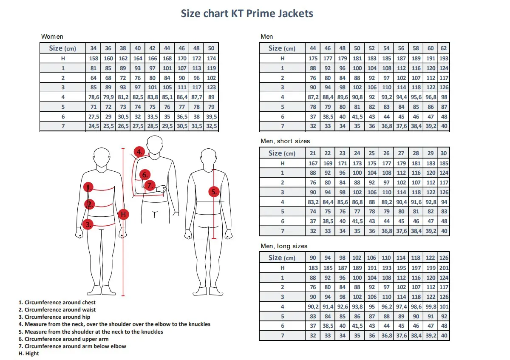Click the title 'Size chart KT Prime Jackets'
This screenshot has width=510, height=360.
247,14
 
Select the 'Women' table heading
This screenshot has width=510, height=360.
52,37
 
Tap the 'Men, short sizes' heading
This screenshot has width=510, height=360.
285,141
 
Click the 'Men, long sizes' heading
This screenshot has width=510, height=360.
283,246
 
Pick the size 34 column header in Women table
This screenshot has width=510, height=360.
93,48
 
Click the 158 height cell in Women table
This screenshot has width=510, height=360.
93,58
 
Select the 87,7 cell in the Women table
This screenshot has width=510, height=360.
196,97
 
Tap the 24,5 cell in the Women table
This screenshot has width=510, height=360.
93,126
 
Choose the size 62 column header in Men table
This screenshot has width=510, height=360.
444,48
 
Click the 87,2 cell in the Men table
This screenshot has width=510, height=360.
313,97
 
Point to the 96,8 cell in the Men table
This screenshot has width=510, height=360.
431,97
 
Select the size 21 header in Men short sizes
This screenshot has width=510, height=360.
313,153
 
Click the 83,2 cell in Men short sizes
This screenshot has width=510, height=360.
313,202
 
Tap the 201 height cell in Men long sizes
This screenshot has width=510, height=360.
444,268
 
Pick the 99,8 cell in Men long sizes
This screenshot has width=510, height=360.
431,307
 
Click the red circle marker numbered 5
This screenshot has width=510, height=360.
214,192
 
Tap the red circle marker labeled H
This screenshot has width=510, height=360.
123,214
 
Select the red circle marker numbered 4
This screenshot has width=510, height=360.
139,152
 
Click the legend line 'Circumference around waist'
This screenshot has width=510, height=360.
57,310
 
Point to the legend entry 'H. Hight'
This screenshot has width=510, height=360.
28,354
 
